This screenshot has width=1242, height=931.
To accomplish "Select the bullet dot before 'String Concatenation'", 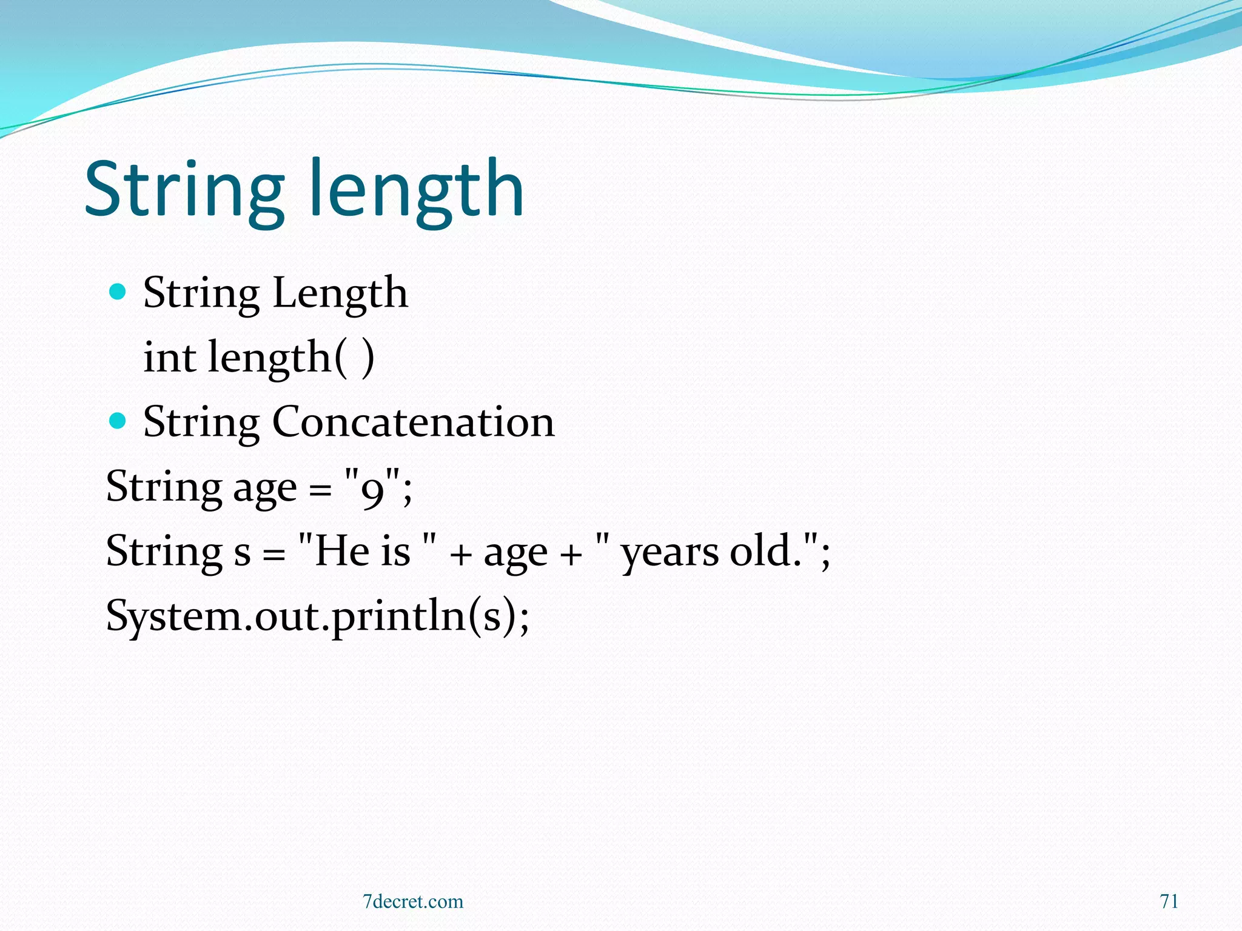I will pyautogui.click(x=118, y=421).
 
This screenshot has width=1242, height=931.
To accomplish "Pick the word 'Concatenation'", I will pyautogui.click(x=413, y=422).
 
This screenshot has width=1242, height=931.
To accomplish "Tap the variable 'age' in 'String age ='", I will pyautogui.click(x=265, y=489).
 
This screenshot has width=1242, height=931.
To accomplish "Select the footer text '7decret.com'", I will pyautogui.click(x=413, y=901).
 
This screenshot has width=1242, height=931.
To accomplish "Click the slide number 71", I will pyautogui.click(x=1169, y=901).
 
